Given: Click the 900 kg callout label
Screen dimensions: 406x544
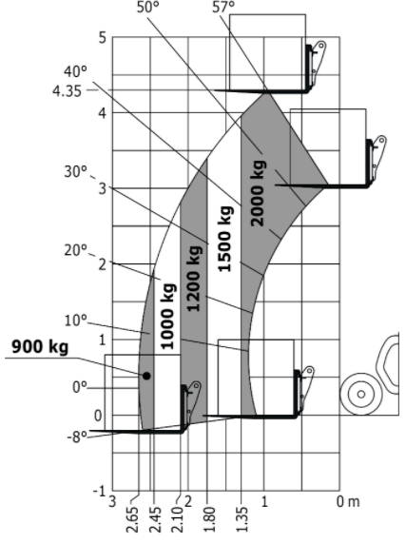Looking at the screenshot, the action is click(x=40, y=347).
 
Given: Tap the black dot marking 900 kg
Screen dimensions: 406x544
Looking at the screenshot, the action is click(x=146, y=376).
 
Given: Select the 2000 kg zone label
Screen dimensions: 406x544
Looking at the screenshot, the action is click(x=259, y=193).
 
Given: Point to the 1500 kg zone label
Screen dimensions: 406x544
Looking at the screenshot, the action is click(x=225, y=239).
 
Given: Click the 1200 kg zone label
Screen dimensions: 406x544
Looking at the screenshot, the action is click(x=194, y=279).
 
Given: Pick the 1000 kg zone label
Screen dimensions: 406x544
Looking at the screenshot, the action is click(x=167, y=316).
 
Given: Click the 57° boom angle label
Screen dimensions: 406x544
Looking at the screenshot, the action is click(x=223, y=7).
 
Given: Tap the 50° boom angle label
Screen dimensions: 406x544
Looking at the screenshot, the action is click(x=148, y=7).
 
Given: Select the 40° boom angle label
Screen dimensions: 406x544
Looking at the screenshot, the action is click(x=75, y=71).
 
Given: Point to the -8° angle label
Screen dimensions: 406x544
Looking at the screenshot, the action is click(x=78, y=437).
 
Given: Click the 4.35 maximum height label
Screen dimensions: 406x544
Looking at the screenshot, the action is click(x=67, y=91).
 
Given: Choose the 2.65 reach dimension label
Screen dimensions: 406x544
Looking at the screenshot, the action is click(x=133, y=519).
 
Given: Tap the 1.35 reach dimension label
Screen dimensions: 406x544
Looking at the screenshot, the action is click(x=242, y=519).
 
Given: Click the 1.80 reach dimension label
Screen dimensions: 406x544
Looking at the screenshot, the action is click(x=209, y=519).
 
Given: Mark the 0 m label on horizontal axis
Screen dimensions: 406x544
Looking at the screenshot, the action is click(x=348, y=501).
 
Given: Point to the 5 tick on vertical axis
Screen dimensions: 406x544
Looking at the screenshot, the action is click(x=103, y=37).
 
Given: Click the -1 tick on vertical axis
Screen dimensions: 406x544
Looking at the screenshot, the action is click(x=99, y=492).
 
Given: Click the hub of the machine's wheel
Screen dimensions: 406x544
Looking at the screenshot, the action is click(x=361, y=394).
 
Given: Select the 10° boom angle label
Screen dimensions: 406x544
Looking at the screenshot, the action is click(x=75, y=321).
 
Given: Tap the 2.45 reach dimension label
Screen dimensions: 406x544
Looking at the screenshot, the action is click(x=155, y=519).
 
